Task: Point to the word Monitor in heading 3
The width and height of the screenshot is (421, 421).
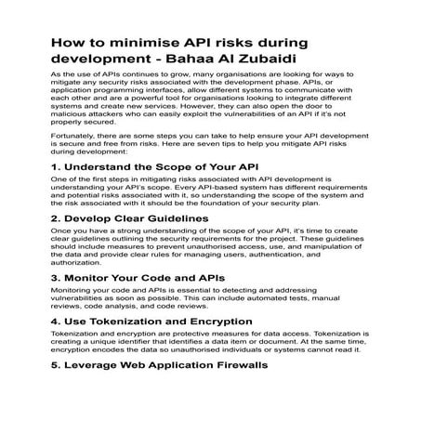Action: click(94, 278)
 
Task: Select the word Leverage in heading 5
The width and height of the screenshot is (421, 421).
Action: click(100, 365)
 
